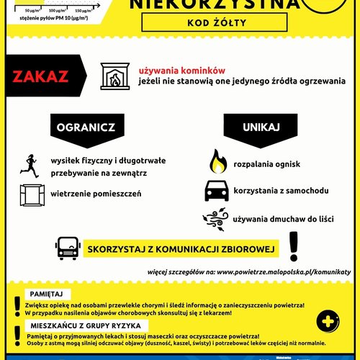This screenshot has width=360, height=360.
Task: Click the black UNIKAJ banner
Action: [261, 127]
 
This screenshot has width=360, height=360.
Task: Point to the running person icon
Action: [30, 165]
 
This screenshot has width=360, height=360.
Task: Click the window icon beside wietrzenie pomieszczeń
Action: [30, 194]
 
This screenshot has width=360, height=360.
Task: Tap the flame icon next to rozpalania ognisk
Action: [217, 161]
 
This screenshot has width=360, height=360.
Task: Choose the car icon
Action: [217, 191]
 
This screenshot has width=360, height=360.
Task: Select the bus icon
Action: [67, 248]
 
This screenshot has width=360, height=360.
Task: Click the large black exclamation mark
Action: [293, 246]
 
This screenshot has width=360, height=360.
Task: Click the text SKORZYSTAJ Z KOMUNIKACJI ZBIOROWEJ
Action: [181, 249]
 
